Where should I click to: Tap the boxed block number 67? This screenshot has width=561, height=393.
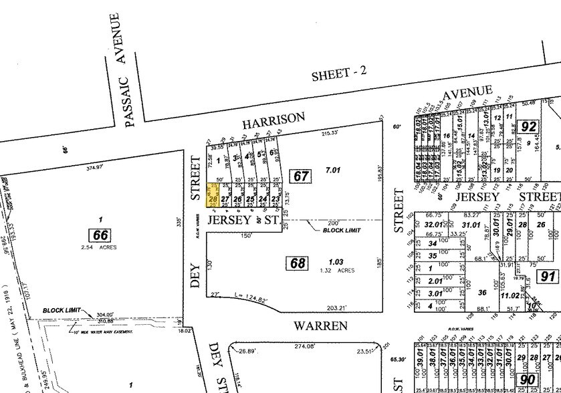301,176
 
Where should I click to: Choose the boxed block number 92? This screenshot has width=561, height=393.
529,126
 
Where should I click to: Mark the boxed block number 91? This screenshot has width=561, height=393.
548,276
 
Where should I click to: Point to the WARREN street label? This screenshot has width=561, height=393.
320,325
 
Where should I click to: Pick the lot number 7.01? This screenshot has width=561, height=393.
332,170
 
